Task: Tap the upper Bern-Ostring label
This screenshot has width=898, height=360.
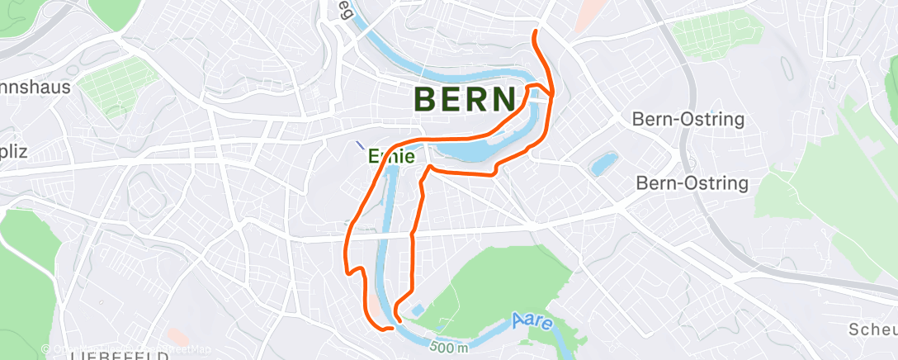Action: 688,119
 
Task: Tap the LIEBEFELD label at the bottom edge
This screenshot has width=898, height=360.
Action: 119,356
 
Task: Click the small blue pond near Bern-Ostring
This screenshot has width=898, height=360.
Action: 604,163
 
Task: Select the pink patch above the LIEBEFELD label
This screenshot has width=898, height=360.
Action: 175,336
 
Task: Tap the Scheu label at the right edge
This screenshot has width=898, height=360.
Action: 872,329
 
